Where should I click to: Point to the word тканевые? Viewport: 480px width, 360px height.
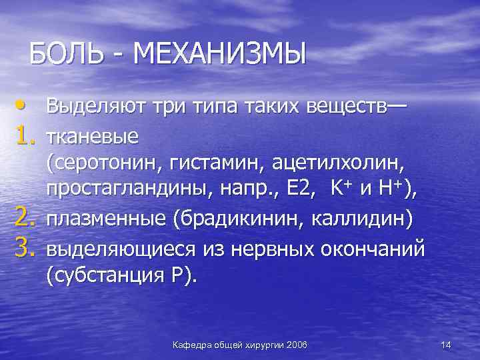coord(92,137)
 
